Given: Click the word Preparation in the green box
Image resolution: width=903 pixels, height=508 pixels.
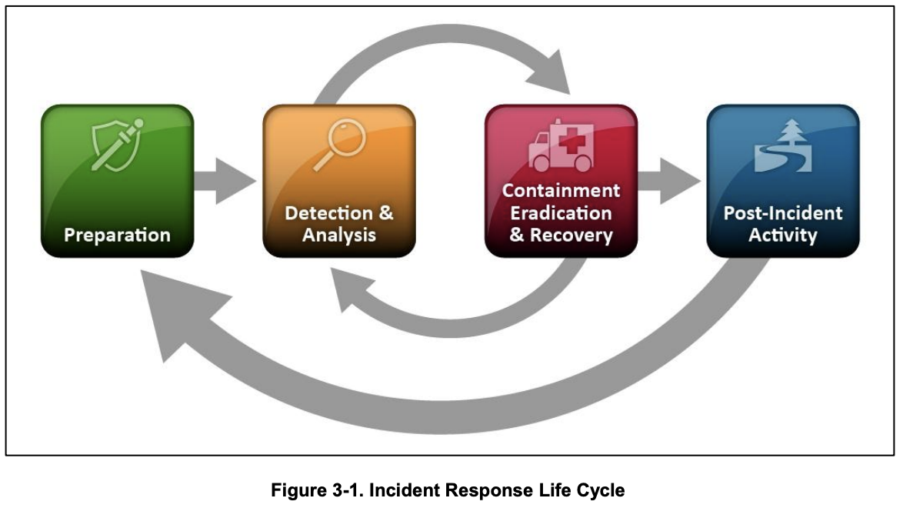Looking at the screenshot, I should (117, 234).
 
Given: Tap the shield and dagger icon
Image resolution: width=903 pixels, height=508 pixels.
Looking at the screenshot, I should (115, 145).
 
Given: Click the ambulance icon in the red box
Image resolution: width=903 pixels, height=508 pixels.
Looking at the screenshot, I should (561, 147).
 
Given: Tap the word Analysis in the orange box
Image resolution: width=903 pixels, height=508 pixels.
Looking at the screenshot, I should (339, 235).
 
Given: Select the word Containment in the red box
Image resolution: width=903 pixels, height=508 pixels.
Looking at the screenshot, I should (561, 190).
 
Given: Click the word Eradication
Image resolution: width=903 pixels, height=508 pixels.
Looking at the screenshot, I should (561, 212).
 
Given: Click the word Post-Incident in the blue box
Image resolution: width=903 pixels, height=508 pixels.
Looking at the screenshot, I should (783, 213).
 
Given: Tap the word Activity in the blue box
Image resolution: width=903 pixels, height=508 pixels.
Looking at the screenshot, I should (783, 235).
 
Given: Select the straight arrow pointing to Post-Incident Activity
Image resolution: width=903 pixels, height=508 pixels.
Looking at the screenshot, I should (668, 182).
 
